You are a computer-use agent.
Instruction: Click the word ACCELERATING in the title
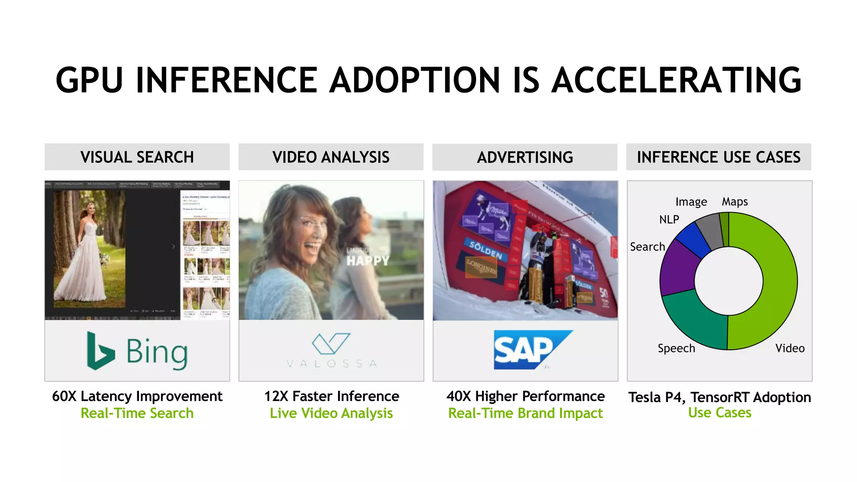coord(676,80)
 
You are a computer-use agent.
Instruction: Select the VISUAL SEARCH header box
coord(137,157)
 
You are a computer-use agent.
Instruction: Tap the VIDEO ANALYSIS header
coord(331,157)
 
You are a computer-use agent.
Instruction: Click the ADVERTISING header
coord(525,157)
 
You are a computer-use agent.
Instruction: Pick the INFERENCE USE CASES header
coord(718,157)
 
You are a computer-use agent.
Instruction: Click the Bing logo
coord(137,351)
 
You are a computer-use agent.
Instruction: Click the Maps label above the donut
coord(734,202)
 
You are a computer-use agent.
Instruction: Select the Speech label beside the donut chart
coord(676,348)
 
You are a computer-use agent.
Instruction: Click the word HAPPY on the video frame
coord(367,261)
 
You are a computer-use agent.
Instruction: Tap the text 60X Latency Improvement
coord(137,396)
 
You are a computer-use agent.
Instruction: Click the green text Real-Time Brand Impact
coord(525,413)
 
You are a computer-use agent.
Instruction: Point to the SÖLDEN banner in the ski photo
coord(485,250)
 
